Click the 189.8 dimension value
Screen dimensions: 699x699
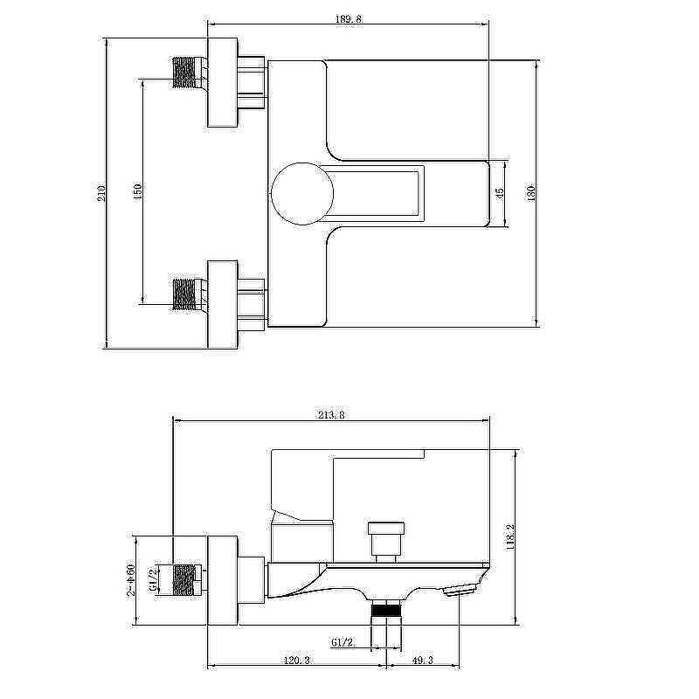[x=348, y=19]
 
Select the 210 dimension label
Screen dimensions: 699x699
[x=102, y=193]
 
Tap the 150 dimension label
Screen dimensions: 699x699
[x=137, y=191]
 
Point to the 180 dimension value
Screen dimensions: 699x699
[x=530, y=193]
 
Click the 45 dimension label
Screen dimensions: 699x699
[x=499, y=193]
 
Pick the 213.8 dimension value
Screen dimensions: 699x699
[x=331, y=415]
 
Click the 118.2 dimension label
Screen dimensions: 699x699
[x=510, y=537]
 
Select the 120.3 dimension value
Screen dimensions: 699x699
[x=296, y=661]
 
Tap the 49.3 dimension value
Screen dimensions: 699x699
[x=423, y=661]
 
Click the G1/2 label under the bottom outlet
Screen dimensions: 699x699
[x=343, y=642]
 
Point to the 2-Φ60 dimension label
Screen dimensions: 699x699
[x=130, y=580]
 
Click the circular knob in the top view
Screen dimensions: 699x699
[x=302, y=193]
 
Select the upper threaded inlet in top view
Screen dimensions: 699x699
[x=183, y=72]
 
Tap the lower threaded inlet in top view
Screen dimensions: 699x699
[x=183, y=294]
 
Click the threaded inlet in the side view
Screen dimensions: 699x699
[x=183, y=579]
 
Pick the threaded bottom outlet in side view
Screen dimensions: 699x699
[x=386, y=608]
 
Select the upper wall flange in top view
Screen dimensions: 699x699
[x=223, y=82]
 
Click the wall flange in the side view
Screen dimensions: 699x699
[x=223, y=580]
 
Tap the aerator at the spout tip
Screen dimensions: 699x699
[x=460, y=591]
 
